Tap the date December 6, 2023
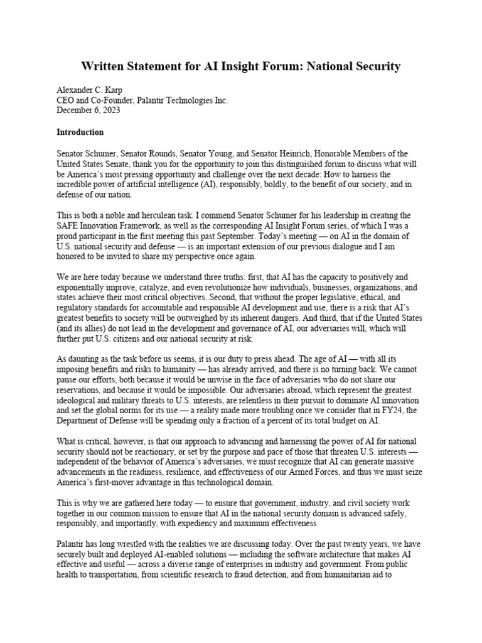pos(87,111)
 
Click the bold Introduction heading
pos(80,132)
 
